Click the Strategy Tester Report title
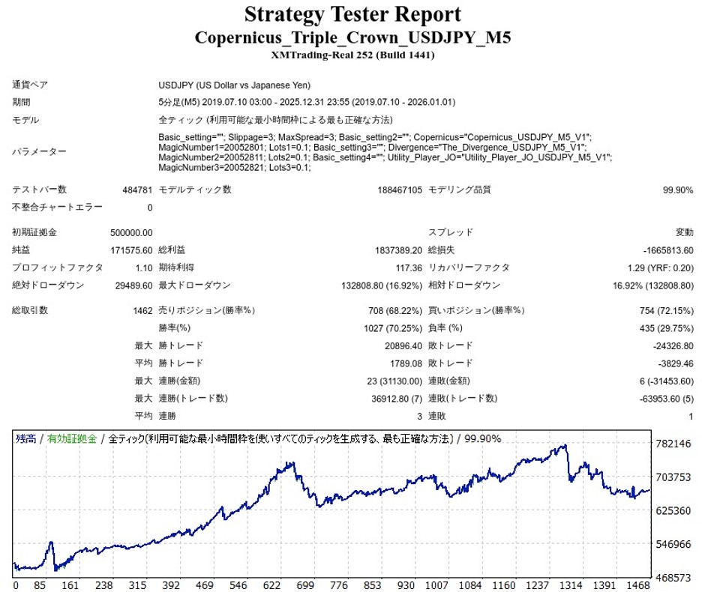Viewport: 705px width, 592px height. [x=352, y=14]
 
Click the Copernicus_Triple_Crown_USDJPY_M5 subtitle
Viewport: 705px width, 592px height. [x=352, y=37]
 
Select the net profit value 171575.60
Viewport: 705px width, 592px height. [x=131, y=249]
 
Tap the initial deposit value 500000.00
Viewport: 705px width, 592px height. [x=131, y=232]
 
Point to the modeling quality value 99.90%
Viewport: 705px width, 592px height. [x=678, y=190]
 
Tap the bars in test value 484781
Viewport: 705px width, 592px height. [x=136, y=190]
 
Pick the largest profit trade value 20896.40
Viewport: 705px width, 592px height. [x=395, y=345]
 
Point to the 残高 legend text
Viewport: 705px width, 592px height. [x=27, y=438]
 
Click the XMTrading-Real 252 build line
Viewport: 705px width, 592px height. [x=352, y=55]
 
